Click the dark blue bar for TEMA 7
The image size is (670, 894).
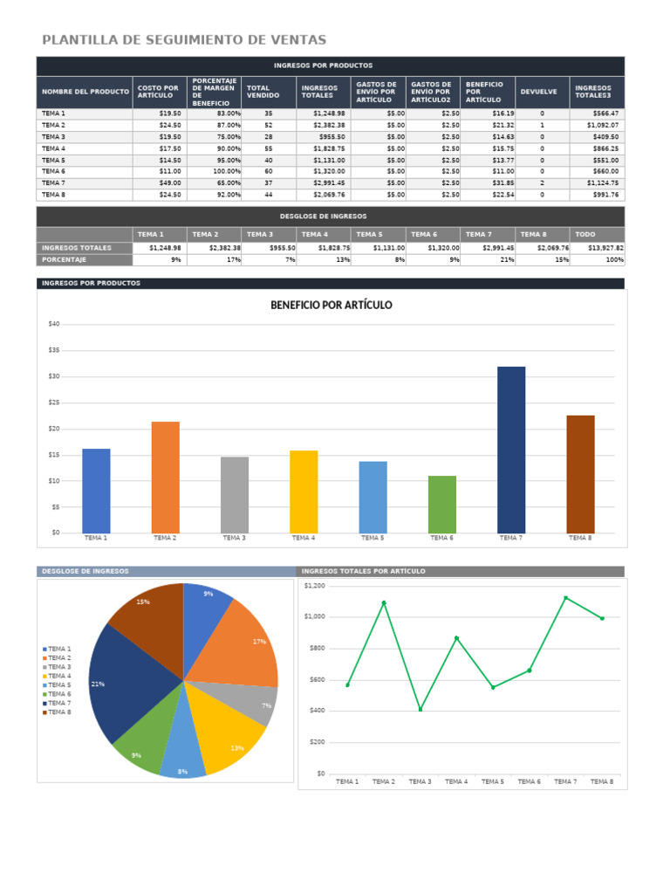pyautogui.click(x=511, y=450)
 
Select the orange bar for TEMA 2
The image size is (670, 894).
pyautogui.click(x=165, y=477)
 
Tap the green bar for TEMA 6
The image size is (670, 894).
pyautogui.click(x=441, y=504)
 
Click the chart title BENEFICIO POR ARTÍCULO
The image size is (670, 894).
pyautogui.click(x=332, y=305)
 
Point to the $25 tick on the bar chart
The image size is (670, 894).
pyautogui.click(x=54, y=402)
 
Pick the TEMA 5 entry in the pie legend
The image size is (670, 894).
pyautogui.click(x=59, y=685)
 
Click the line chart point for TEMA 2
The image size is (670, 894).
pyautogui.click(x=384, y=602)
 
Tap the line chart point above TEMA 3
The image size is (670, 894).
pyautogui.click(x=420, y=709)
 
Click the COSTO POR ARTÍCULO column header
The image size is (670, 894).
pyautogui.click(x=158, y=92)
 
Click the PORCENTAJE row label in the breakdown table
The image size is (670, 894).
pyautogui.click(x=65, y=260)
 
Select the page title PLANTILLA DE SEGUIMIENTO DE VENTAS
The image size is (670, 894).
pyautogui.click(x=184, y=40)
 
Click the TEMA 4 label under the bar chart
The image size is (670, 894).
pyautogui.click(x=303, y=539)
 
